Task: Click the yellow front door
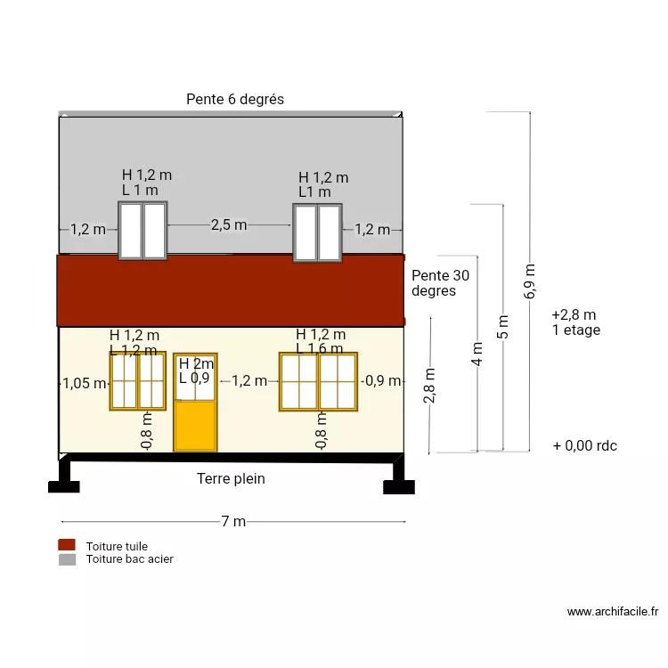196,423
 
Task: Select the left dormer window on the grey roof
143,231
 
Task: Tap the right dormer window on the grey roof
317,232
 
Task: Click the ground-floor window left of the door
137,381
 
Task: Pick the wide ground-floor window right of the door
318,381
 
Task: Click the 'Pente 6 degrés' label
235,100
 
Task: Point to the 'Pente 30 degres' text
440,283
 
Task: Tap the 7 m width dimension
233,522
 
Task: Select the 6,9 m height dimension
530,281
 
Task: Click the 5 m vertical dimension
503,328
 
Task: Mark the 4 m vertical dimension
477,354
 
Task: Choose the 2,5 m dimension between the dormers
229,225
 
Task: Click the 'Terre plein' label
231,479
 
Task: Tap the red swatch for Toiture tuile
67,545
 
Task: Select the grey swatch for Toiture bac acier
67,559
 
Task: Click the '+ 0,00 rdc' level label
584,446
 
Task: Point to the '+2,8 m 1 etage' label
575,322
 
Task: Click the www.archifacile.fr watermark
612,612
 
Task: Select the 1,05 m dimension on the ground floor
85,384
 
